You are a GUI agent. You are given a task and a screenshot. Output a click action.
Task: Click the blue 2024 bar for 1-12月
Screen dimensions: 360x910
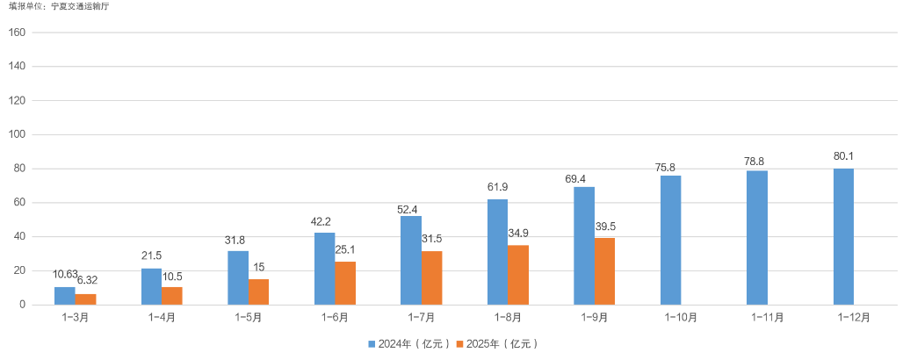point(843,236)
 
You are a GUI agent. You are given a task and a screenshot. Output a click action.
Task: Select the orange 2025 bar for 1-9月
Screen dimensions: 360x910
point(605,271)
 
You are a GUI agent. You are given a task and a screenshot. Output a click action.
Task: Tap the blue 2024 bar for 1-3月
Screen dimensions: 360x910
point(65,295)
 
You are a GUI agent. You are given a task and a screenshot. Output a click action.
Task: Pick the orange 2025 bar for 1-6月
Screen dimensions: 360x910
point(345,283)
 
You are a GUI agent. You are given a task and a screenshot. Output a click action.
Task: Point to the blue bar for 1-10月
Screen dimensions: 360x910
point(670,240)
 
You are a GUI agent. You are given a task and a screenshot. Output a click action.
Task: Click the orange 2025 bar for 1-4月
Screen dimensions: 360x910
point(172,295)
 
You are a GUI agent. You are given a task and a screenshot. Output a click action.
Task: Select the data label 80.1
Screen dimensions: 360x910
point(843,157)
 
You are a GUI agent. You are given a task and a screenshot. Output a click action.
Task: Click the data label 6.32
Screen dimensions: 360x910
point(88,280)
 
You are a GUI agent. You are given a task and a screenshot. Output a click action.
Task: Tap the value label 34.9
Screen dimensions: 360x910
point(519,234)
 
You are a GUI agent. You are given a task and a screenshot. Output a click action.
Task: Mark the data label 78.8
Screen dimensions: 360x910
point(757,161)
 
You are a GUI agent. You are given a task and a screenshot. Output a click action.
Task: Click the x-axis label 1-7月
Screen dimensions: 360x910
point(421,317)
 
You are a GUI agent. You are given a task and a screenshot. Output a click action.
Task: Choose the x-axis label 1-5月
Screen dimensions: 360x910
point(248,317)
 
